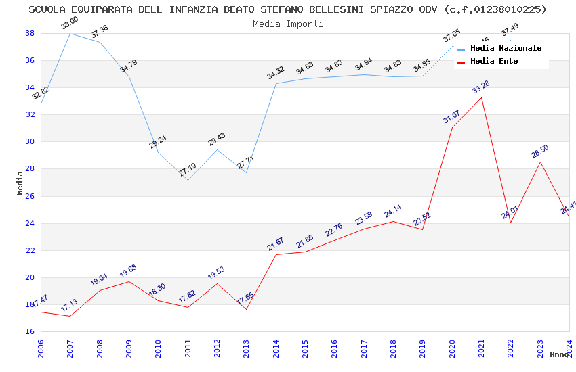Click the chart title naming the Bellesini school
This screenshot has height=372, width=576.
(x=287, y=9)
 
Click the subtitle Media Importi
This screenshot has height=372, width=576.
(x=287, y=24)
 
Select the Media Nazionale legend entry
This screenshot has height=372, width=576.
(x=506, y=49)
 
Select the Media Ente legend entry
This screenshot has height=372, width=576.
(x=494, y=62)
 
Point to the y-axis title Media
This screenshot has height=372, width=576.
(x=20, y=183)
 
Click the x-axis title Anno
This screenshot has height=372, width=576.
(x=559, y=354)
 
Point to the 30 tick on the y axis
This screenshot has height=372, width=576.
(x=30, y=142)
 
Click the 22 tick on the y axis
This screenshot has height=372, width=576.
(x=30, y=250)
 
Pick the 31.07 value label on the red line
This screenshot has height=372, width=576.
(x=451, y=117)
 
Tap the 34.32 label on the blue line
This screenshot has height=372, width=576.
(x=275, y=74)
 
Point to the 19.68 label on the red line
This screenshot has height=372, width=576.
(x=128, y=271)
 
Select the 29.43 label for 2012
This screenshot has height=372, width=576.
(x=216, y=140)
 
